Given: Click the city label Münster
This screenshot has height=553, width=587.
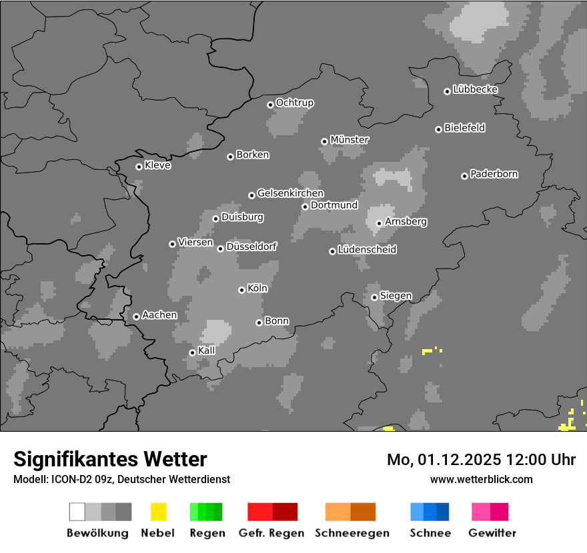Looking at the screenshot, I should click(x=350, y=140).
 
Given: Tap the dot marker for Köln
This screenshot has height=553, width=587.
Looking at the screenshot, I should click(x=241, y=290).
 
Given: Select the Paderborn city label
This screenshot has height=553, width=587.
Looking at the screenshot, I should click(x=494, y=175).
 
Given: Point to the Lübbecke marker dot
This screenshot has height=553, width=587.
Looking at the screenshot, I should click(x=447, y=91).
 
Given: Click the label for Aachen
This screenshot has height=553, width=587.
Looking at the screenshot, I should click(x=159, y=315).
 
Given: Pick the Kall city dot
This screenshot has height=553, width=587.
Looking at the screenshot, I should click(x=192, y=352).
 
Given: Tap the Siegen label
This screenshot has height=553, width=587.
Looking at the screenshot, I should click(x=396, y=296).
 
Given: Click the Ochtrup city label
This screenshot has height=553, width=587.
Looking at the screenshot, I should click(x=295, y=103).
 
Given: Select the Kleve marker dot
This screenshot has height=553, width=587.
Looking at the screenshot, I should click(x=139, y=167).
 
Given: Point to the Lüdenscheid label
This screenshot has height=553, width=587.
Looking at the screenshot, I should click(x=368, y=250).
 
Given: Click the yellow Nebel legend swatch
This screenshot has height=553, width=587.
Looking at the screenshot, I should click(x=159, y=512).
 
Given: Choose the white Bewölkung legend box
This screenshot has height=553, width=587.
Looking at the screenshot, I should click(x=77, y=512).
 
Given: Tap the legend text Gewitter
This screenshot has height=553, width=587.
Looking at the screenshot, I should click(x=492, y=533).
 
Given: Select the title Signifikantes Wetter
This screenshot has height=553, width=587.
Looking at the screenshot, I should click(x=110, y=459).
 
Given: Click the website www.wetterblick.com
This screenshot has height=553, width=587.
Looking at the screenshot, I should click(x=482, y=479).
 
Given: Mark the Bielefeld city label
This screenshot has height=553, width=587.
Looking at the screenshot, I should click(x=465, y=128).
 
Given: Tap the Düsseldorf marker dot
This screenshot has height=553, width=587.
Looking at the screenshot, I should click(x=220, y=249).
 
